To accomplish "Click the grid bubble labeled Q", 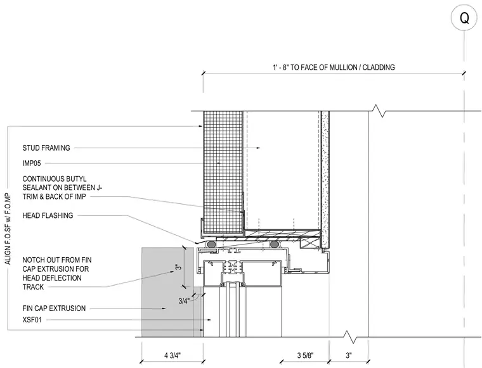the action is click(464, 18).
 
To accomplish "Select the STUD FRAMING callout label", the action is click(46, 148).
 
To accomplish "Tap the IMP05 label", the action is click(31, 163).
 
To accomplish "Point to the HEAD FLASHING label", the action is click(48, 215).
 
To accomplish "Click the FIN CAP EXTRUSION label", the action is click(54, 308).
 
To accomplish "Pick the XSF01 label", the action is click(32, 320).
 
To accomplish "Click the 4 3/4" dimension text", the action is click(173, 355).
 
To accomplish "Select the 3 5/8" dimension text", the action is click(305, 355).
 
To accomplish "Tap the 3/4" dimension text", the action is click(183, 301).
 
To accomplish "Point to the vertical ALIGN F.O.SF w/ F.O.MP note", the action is click(8, 229).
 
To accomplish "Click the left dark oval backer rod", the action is click(211, 244).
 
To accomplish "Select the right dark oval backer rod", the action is click(274, 244).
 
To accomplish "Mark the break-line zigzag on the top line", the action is click(379, 111).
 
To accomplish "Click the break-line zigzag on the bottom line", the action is click(351, 337).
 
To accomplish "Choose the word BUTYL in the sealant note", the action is click(76, 179).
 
